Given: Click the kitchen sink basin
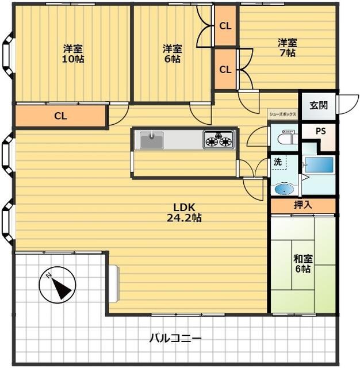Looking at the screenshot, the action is (152, 140).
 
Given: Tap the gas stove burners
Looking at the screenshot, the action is (219, 140).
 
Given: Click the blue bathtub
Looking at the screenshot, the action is (319, 165).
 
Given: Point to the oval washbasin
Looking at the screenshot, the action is (284, 189).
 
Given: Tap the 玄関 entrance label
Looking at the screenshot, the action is (319, 106).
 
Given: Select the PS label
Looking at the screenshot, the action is (321, 131).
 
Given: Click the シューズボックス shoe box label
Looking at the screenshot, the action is (282, 114).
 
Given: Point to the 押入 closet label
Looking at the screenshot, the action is (303, 205).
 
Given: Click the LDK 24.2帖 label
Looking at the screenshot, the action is (184, 213).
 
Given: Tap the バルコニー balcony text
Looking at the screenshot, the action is (175, 338).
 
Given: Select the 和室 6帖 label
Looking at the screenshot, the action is (303, 263).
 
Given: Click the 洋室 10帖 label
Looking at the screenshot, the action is (73, 53).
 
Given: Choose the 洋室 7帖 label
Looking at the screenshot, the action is (288, 48).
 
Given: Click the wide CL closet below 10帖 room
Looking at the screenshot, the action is (60, 116).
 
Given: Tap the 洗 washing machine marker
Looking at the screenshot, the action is (278, 162).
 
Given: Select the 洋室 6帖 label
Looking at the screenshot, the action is (173, 53).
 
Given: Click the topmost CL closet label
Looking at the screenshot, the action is (225, 26).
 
